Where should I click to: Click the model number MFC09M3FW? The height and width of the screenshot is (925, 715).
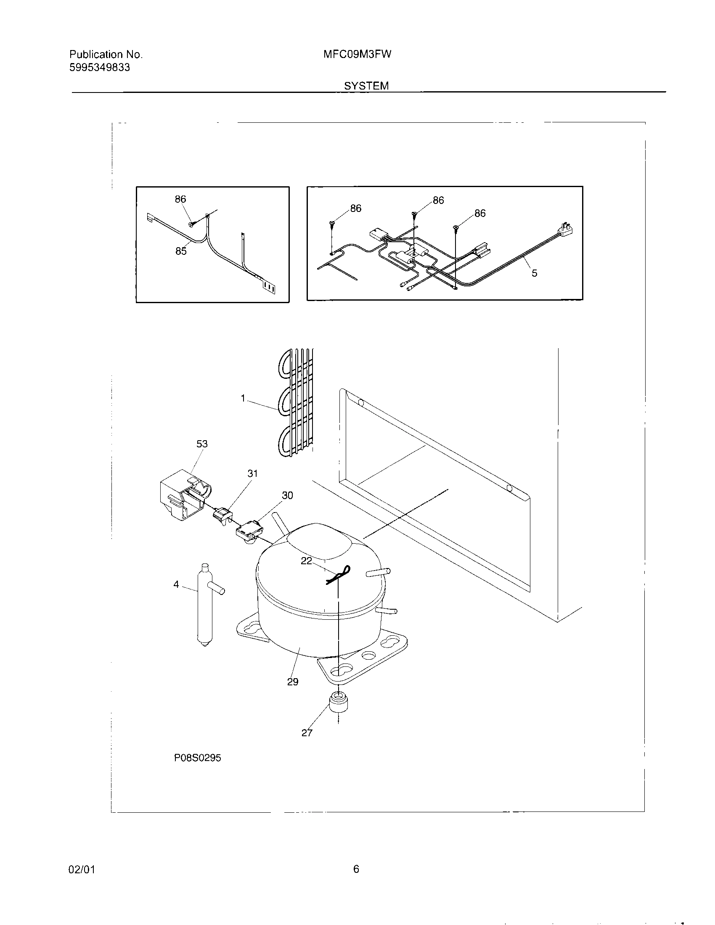coord(357,54)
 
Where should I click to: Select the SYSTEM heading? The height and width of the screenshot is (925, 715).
coord(366,86)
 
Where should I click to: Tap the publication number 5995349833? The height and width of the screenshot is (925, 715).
coord(100,67)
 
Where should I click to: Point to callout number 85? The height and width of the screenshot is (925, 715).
coord(181,251)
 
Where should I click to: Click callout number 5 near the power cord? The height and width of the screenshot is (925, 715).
coord(534,273)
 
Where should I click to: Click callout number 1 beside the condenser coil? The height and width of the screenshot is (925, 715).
coord(243,398)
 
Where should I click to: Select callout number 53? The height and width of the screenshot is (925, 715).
coord(202,444)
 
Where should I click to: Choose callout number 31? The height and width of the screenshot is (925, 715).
coord(252,473)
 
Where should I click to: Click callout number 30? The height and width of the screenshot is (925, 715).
coord(287,495)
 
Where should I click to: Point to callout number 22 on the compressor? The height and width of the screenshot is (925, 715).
coord(306,561)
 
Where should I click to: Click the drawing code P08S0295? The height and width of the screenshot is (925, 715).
coord(197,769)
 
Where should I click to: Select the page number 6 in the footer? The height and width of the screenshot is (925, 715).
coord(356,869)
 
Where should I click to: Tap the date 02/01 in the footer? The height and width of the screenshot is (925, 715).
coord(81,870)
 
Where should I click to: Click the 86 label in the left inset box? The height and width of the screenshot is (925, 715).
coord(180,199)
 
